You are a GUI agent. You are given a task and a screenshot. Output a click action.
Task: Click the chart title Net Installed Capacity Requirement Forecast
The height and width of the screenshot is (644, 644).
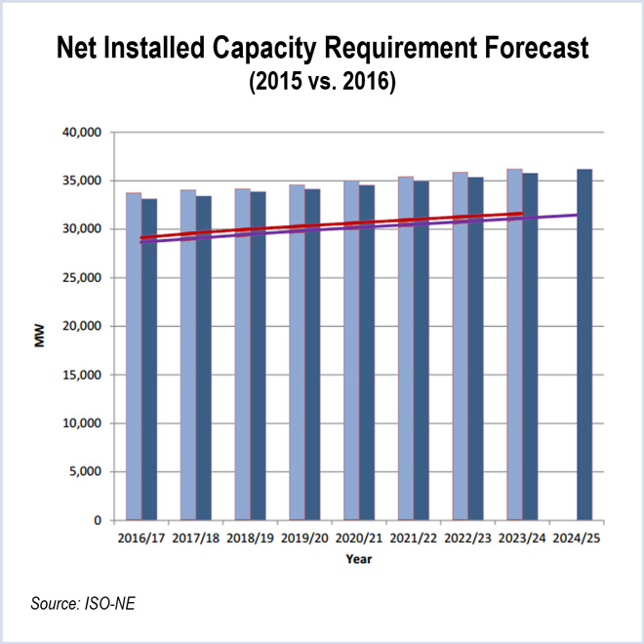coord(322,50)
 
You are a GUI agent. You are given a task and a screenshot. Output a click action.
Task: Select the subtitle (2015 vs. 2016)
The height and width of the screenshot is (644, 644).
coord(322,84)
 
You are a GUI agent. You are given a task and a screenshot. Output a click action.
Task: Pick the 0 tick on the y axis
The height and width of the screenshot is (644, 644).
coord(98,521)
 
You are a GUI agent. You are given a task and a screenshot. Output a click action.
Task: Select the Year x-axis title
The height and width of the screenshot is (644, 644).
coord(356,559)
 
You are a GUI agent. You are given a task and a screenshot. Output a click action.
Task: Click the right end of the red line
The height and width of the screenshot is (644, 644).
coord(523,213)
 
